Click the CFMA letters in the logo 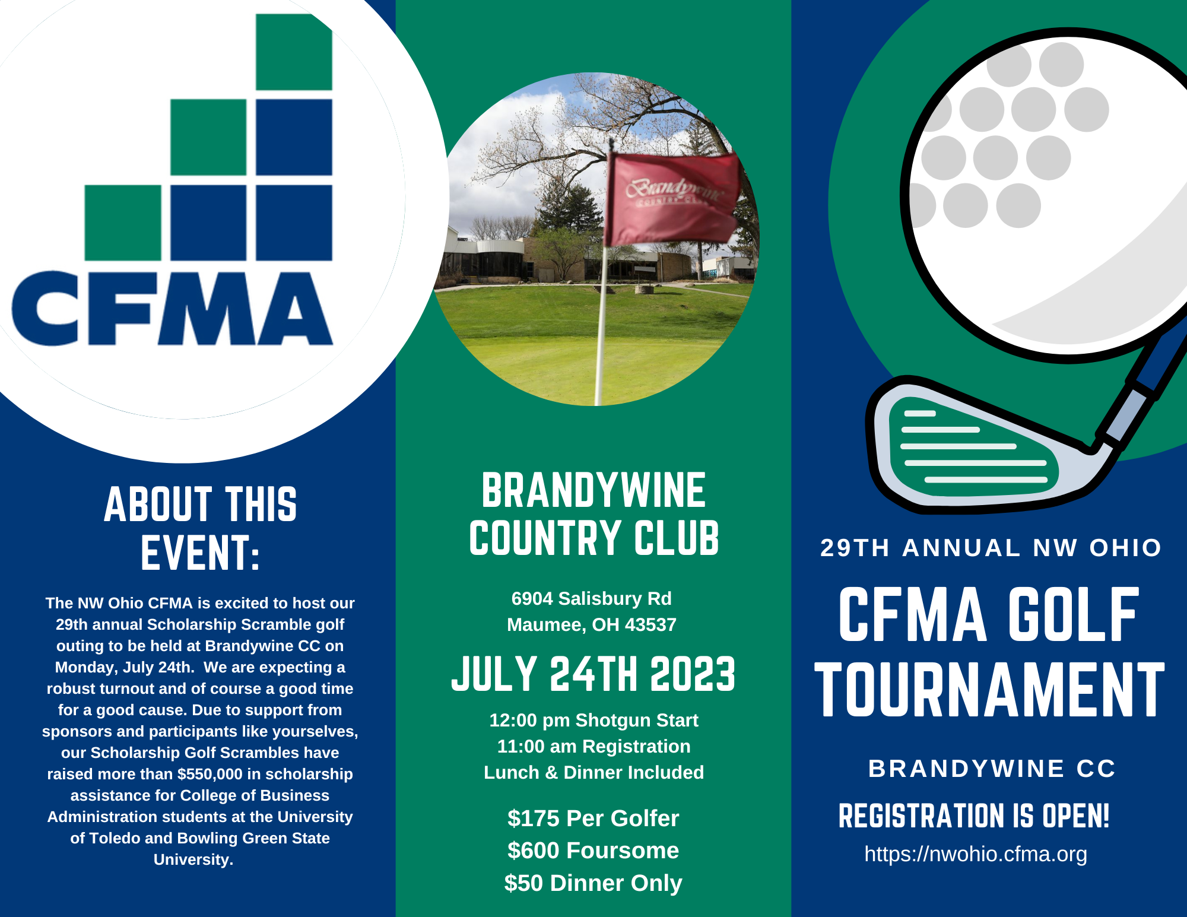172,309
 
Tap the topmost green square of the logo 294,52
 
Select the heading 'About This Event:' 200,528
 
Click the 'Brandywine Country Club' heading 593,514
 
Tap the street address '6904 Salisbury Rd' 592,598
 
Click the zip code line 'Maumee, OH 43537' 592,624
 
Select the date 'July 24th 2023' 593,674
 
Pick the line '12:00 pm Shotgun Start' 593,720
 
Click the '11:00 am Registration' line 593,746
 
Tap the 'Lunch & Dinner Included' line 593,772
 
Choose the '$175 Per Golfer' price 593,818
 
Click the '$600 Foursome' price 593,851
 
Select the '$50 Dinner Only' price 593,883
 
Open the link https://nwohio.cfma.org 976,854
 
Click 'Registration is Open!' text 974,816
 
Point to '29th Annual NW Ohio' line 991,548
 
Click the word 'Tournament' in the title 990,690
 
